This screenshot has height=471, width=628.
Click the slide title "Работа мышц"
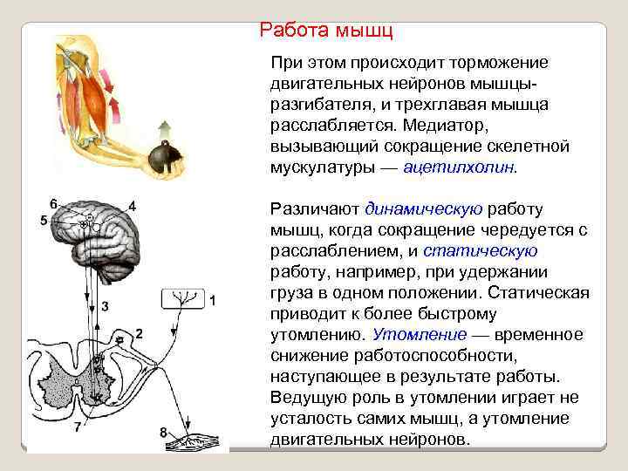pyautogui.click(x=326, y=31)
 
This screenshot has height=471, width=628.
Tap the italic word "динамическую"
pyautogui.click(x=424, y=209)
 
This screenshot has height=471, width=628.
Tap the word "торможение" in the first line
pyautogui.click(x=499, y=63)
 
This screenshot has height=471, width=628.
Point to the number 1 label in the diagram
pyautogui.click(x=212, y=301)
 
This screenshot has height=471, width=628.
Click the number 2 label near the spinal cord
pyautogui.click(x=139, y=333)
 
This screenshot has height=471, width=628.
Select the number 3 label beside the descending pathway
pyautogui.click(x=105, y=306)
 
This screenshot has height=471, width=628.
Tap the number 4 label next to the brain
pyautogui.click(x=133, y=206)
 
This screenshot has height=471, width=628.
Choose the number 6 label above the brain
pyautogui.click(x=54, y=203)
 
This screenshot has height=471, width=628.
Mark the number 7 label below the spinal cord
pyautogui.click(x=78, y=427)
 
